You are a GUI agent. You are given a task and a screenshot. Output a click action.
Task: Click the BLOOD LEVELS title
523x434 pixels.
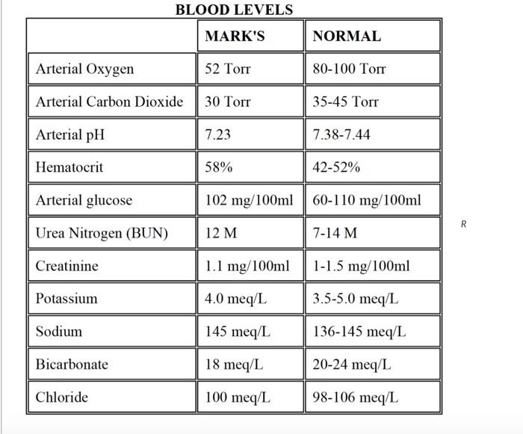coord(234,10)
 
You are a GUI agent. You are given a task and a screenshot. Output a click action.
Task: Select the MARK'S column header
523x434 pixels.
coord(235,36)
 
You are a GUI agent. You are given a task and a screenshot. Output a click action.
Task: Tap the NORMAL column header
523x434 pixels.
coord(347,36)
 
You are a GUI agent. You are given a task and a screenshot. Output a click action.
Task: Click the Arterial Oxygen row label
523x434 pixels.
coord(84,69)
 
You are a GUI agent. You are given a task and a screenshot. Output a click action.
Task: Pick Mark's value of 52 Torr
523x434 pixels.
coord(227,69)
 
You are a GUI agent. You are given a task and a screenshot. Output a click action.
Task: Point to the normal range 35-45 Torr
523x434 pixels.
coord(345,102)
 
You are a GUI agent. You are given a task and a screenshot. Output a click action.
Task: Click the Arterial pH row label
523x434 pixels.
coord(70,134)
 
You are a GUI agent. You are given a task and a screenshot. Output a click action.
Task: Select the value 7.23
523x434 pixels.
coord(218,134)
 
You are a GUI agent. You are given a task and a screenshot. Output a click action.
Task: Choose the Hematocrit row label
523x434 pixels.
coord(69,167)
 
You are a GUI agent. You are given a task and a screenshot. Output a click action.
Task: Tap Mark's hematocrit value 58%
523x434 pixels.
coord(219,167)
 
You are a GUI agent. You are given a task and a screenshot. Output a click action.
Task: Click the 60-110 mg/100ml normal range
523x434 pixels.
coord(367,200)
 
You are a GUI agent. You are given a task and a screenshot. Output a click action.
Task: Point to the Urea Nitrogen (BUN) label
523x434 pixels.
coord(102,233)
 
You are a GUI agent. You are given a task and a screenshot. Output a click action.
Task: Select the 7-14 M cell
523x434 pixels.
coord(335,232)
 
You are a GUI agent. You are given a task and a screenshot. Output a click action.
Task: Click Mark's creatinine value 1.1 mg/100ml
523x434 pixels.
coord(247,266)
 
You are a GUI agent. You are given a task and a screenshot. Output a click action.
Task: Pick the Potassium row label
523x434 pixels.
coord(66,298)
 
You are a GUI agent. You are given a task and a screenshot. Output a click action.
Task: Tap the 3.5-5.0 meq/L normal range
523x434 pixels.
coord(356,299)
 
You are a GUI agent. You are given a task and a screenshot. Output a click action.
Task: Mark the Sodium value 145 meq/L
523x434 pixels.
coord(238,332)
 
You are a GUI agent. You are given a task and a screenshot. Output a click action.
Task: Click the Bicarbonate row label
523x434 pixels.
coord(72,364)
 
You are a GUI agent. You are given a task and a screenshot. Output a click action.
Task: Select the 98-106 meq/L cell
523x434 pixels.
coord(356,397)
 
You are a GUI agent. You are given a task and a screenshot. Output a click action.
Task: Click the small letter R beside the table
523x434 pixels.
coord(464,224)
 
